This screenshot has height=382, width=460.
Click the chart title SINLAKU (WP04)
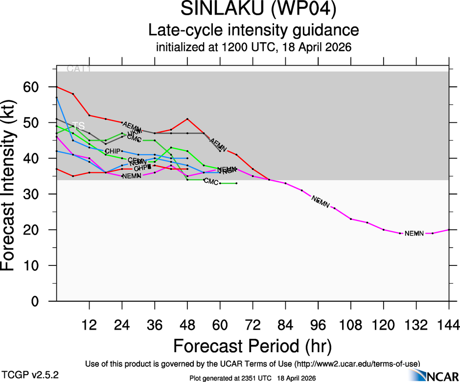click(x=253, y=9)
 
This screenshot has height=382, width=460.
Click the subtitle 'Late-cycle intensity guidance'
click(x=253, y=30)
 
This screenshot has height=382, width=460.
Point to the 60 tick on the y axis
click(x=35, y=87)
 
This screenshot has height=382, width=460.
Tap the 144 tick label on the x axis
click(x=449, y=324)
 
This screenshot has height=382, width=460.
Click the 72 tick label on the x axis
click(x=253, y=324)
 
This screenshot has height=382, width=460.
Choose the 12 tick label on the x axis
click(x=89, y=324)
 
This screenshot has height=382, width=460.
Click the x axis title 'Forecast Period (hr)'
click(x=253, y=346)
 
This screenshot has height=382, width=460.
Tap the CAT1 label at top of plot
click(x=79, y=69)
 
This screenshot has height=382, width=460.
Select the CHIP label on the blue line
click(x=113, y=151)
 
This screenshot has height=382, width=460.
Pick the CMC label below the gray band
click(x=211, y=182)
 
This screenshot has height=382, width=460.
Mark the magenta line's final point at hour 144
click(x=449, y=230)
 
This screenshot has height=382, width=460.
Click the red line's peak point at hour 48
click(x=187, y=119)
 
